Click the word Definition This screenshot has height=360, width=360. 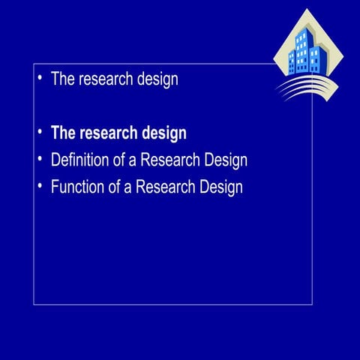pyautogui.click(x=80, y=160)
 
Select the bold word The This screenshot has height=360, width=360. pyautogui.click(x=63, y=133)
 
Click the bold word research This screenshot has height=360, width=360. pyautogui.click(x=108, y=133)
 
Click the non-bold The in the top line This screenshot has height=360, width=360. pyautogui.click(x=62, y=79)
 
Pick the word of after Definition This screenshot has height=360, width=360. pyautogui.click(x=120, y=160)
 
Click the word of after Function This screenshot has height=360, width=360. pyautogui.click(x=115, y=187)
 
